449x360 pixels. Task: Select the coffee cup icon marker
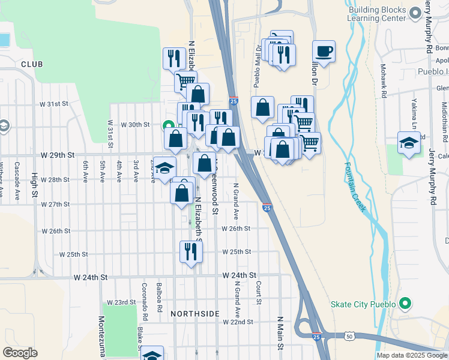(x=324, y=52)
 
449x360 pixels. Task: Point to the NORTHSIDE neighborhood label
(x=194, y=314)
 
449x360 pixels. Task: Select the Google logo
(x=20, y=352)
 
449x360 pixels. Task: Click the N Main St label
(x=280, y=334)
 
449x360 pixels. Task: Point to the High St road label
(x=34, y=185)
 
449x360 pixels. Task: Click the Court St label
(x=258, y=292)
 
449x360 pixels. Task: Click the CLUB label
(x=32, y=64)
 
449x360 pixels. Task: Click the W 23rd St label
(x=122, y=302)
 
